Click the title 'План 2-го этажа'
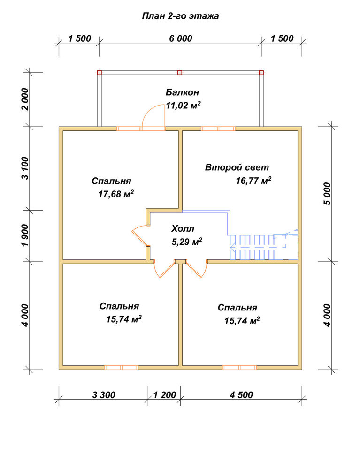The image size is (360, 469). pyautogui.click(x=180, y=16)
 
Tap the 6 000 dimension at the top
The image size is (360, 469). pyautogui.click(x=180, y=38)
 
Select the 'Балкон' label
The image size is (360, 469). pyautogui.click(x=182, y=92)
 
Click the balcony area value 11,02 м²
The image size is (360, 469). pyautogui.click(x=183, y=105)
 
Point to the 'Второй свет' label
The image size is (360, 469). pyautogui.click(x=237, y=167)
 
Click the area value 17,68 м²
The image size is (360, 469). pyautogui.click(x=116, y=194)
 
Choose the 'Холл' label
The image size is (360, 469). pyautogui.click(x=183, y=229)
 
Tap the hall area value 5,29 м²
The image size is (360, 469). pyautogui.click(x=187, y=242)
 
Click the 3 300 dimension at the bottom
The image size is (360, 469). pyautogui.click(x=104, y=395)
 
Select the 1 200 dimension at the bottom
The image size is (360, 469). pyautogui.click(x=165, y=395)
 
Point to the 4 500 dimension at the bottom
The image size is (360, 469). pyautogui.click(x=241, y=395)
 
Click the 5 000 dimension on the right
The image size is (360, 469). pyautogui.click(x=328, y=194)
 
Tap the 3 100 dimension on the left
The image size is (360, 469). pyautogui.click(x=26, y=168)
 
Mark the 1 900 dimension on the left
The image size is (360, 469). pyautogui.click(x=26, y=235)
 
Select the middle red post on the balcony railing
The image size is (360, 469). pyautogui.click(x=180, y=72)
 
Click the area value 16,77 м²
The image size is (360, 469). pyautogui.click(x=254, y=181)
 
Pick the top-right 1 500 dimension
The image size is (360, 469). pyautogui.click(x=282, y=38)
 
